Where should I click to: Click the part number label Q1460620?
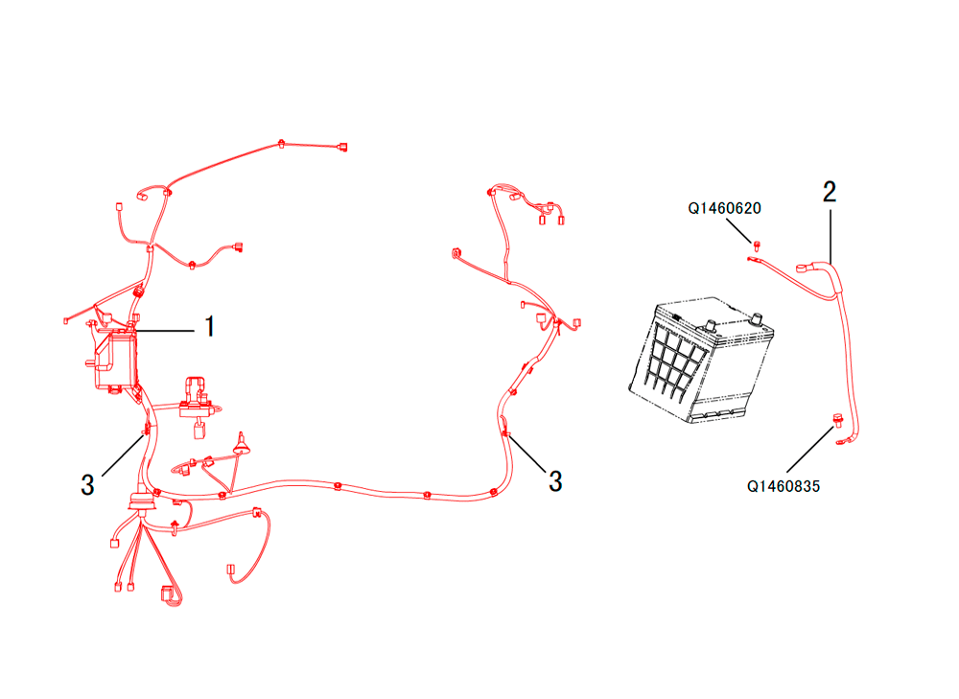coord(724,208)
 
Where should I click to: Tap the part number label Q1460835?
coord(784,487)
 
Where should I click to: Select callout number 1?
coord(210,327)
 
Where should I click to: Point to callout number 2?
coord(830,192)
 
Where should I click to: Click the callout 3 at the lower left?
coord(87,485)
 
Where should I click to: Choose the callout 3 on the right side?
coord(555,481)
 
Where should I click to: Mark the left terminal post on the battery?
coord(711,324)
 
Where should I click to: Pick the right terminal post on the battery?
coord(758,318)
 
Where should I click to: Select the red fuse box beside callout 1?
coord(114,361)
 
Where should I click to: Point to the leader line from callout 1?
coord(164,331)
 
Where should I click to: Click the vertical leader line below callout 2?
coord(830,237)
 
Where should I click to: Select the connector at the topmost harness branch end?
coord(343,147)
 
